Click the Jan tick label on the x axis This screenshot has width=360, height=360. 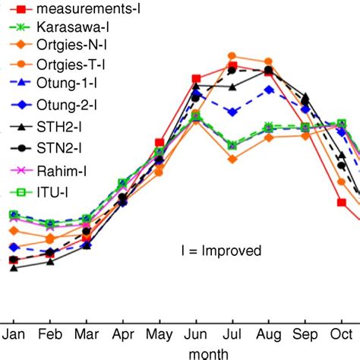[14, 333]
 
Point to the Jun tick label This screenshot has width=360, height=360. [196, 333]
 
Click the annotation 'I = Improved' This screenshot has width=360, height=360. [221, 251]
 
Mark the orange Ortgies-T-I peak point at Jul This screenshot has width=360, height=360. [232, 56]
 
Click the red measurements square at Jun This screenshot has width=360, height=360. [196, 79]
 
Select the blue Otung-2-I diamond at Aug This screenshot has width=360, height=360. [269, 90]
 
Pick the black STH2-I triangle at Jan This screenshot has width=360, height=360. [14, 268]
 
